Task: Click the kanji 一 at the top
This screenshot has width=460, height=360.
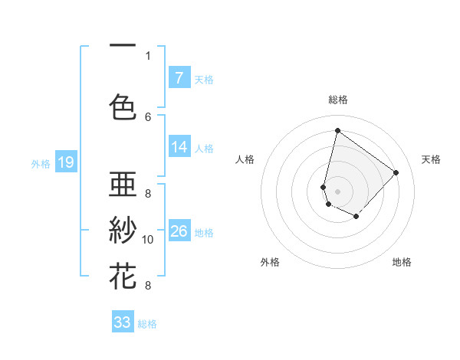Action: coord(123,47)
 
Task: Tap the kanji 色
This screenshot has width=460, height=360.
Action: coord(123,106)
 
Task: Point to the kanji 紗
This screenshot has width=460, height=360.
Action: coord(123,229)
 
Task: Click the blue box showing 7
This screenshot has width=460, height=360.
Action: coord(179,78)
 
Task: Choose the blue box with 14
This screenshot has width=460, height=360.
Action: coord(179,148)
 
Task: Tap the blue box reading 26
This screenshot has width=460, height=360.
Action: coord(179,231)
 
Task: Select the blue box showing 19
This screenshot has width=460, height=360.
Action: coord(66,162)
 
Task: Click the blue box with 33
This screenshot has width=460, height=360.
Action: coord(123,322)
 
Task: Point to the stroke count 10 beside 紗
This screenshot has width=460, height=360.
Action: coord(148,240)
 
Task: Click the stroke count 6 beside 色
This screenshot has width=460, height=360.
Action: coord(148,116)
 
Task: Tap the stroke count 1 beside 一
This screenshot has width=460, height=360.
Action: coord(148,56)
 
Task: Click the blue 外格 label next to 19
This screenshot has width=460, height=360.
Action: coord(41,163)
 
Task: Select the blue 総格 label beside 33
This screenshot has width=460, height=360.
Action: coord(147,324)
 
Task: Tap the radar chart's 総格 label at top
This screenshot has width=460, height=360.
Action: coord(337,100)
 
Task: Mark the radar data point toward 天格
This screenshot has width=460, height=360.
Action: coord(396,172)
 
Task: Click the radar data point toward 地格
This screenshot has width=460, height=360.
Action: coord(356,217)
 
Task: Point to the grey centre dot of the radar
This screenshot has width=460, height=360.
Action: coord(337,191)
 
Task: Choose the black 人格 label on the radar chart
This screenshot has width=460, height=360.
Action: coord(245,159)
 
